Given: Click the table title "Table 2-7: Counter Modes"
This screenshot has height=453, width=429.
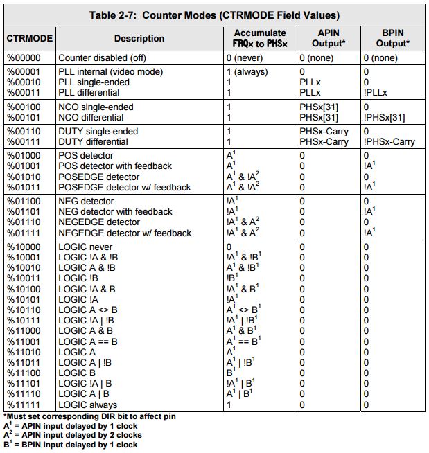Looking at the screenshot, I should (214, 15).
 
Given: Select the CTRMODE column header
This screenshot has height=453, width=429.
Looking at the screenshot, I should (28, 38).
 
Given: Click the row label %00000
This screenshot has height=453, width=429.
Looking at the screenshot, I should (25, 58).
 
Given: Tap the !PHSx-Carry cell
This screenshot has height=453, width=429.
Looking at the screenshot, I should (389, 141).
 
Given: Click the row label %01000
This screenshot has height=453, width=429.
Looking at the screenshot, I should (25, 155).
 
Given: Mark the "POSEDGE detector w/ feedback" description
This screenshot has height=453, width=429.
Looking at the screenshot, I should (124, 187).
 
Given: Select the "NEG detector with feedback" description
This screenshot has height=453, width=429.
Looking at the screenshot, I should (115, 211).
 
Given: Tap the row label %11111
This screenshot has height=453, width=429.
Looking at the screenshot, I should (25, 405).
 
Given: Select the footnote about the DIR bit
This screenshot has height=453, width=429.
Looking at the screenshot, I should (89, 416).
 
